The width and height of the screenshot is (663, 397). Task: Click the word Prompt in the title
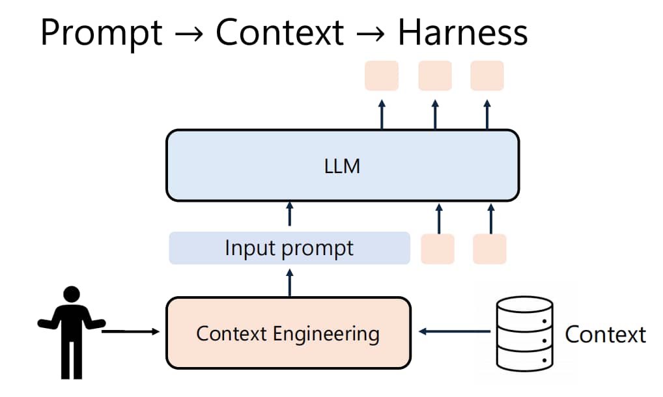102,34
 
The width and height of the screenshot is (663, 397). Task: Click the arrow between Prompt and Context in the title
189,33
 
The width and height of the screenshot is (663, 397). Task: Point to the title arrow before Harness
371,33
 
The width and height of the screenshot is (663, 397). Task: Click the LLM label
342,166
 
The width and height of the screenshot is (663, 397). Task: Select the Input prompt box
290,248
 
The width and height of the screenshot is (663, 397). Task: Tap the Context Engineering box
289,333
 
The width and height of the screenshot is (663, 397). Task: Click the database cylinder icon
524,334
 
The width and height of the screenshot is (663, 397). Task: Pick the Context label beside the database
606,335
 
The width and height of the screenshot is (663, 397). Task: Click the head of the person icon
72,294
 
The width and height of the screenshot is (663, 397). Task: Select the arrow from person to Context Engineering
131,331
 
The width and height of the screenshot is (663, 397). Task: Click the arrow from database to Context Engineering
455,331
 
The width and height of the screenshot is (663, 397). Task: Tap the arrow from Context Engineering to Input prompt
290,283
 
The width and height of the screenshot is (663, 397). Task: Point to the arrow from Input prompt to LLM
290,213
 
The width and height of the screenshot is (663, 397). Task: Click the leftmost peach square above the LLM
382,75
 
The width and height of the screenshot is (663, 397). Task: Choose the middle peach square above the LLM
435,75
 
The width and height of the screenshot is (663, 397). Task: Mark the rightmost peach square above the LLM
487,75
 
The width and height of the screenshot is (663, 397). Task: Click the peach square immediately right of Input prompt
438,249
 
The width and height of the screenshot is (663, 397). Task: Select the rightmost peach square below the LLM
490,249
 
